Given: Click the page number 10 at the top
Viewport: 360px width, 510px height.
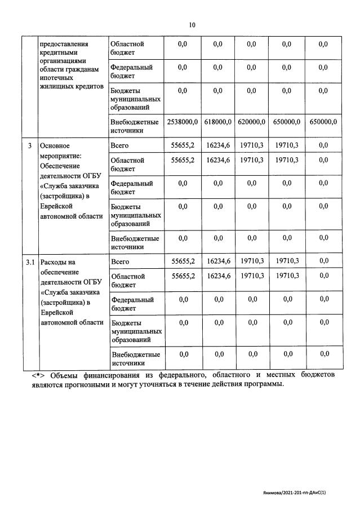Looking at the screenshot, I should tap(192, 25).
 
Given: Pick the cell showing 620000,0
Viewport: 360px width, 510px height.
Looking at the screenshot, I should tap(251, 122).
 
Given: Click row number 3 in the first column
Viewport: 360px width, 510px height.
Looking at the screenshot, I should tap(29, 146).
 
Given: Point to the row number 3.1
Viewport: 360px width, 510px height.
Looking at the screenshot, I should tap(30, 262).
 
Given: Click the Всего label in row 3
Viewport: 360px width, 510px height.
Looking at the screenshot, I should tap(120, 145).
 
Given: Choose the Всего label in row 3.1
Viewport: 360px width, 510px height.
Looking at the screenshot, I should tap(121, 261).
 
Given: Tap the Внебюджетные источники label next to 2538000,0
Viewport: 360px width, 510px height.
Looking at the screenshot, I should tap(135, 126).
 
